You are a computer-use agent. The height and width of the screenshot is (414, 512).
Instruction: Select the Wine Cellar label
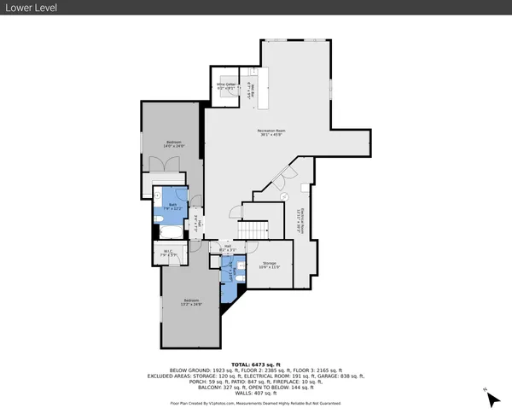[x=225, y=86]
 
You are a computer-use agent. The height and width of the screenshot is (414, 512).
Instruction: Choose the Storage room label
[x=269, y=265]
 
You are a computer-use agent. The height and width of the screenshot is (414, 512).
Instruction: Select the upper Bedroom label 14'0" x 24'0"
[x=172, y=144]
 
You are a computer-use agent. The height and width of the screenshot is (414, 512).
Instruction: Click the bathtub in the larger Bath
[x=173, y=230]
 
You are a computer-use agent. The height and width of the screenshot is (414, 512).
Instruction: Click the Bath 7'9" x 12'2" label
[x=172, y=207]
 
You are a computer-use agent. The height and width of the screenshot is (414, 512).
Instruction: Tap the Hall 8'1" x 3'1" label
[x=228, y=248]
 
